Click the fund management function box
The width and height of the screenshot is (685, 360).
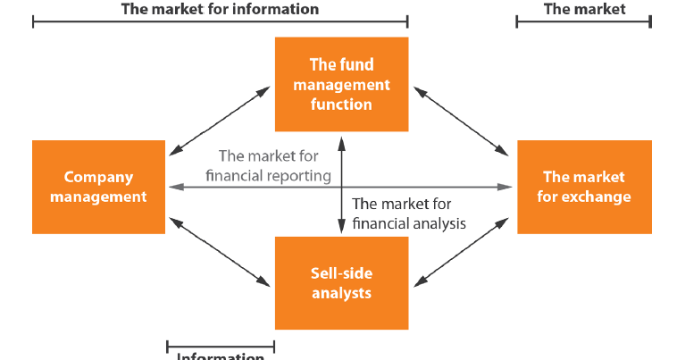[x=341, y=84]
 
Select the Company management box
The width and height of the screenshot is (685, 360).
[x=98, y=187]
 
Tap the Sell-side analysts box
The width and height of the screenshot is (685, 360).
[x=341, y=281]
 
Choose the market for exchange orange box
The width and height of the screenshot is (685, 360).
[x=584, y=187]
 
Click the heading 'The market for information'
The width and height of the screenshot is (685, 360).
[x=220, y=9]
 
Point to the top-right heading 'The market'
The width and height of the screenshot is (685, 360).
[x=584, y=9]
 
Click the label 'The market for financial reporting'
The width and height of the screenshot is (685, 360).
[x=268, y=166]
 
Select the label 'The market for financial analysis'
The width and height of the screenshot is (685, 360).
[x=409, y=213]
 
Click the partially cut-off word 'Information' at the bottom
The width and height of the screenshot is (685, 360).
[x=220, y=356]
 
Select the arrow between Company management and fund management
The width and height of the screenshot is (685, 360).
[x=220, y=120]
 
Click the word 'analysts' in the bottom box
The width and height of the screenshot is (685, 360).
[x=341, y=292]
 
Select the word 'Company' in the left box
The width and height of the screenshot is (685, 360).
[x=98, y=177]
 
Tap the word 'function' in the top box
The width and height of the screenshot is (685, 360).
[x=341, y=105]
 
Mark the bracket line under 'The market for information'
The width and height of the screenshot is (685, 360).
[x=220, y=21]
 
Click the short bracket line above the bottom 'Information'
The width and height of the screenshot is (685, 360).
[x=220, y=345]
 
